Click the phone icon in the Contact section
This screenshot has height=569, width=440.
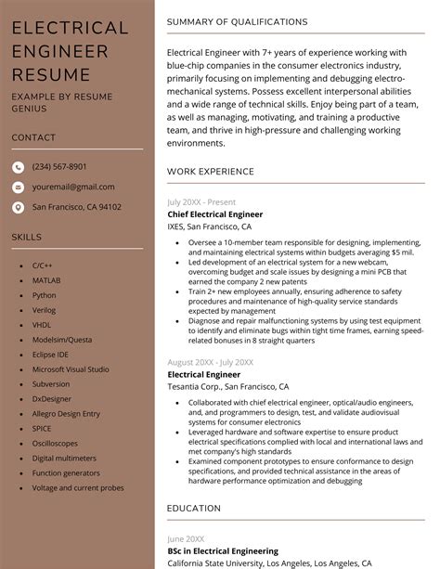click(x=18, y=167)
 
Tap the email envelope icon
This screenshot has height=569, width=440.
click(x=18, y=187)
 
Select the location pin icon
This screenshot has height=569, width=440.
click(x=18, y=207)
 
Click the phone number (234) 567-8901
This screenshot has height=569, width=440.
click(x=59, y=167)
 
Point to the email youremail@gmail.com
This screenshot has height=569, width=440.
click(x=73, y=187)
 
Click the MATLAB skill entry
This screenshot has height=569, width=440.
click(x=46, y=280)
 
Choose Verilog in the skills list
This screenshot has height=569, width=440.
click(x=45, y=310)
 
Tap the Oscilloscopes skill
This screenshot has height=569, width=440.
click(x=56, y=443)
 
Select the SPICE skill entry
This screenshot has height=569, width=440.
click(x=42, y=428)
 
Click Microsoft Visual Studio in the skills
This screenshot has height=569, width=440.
click(x=71, y=369)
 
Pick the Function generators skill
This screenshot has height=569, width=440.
click(x=65, y=472)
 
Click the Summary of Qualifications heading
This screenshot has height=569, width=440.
click(x=237, y=21)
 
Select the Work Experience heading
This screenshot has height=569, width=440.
click(x=210, y=172)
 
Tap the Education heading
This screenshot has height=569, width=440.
click(x=193, y=509)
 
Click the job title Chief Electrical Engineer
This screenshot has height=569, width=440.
click(x=214, y=214)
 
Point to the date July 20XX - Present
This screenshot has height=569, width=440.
click(x=201, y=201)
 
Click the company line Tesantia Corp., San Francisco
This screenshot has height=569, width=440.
click(x=227, y=387)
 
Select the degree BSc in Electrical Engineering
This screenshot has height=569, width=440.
click(x=223, y=550)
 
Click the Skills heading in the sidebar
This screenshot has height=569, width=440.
click(x=27, y=237)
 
